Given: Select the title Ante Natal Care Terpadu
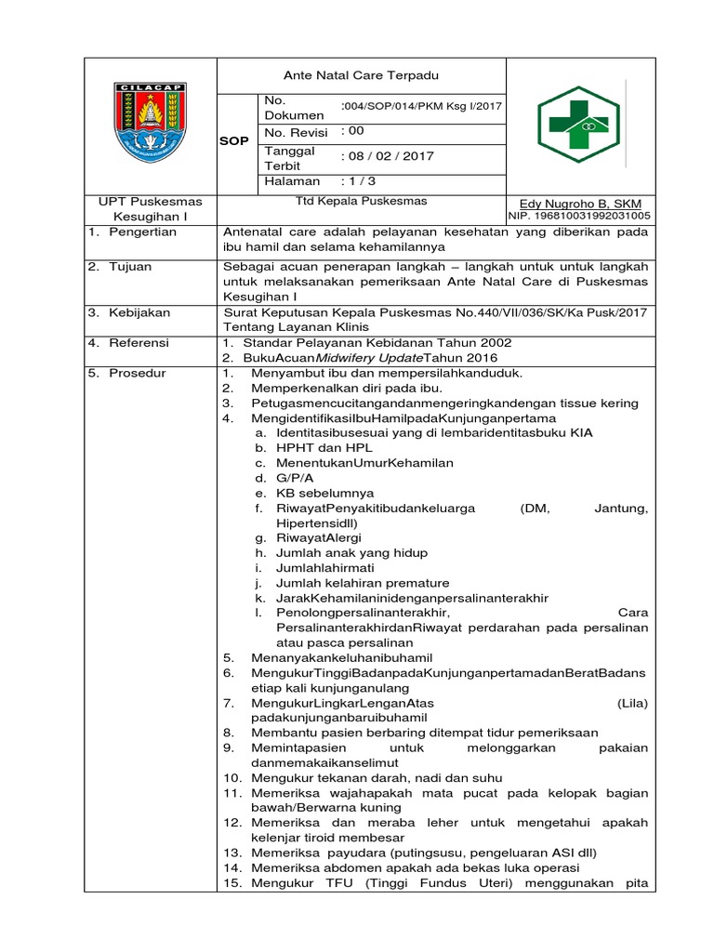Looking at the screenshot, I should pyautogui.click(x=361, y=75).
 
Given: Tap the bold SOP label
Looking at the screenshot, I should pyautogui.click(x=234, y=141).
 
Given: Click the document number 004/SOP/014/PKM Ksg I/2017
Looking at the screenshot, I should pyautogui.click(x=422, y=106).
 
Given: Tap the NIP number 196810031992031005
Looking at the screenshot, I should pyautogui.click(x=579, y=216).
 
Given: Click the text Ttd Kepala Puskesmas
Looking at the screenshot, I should pyautogui.click(x=361, y=200).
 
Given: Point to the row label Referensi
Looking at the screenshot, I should pyautogui.click(x=139, y=343).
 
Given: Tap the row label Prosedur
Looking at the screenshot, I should pyautogui.click(x=139, y=373).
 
